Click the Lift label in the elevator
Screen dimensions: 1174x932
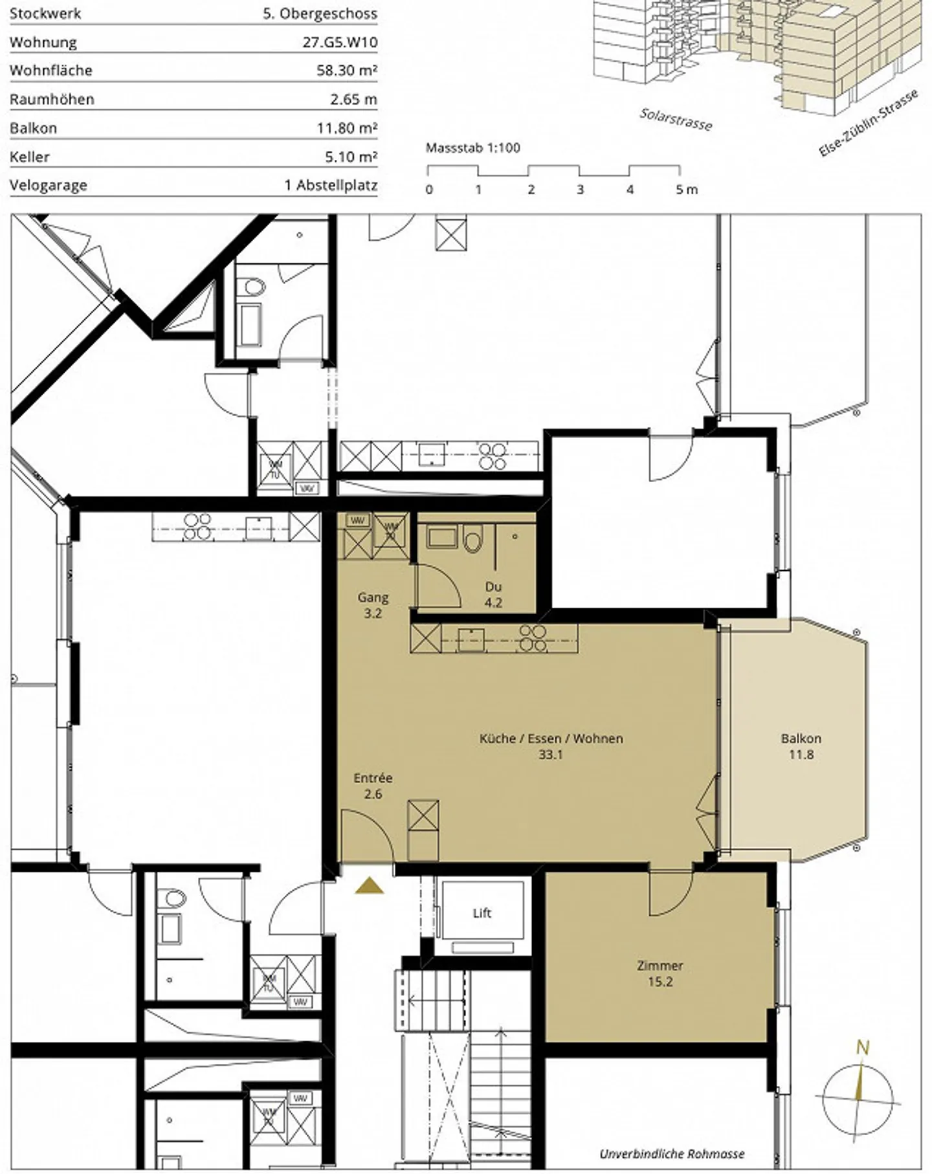pos(482,913)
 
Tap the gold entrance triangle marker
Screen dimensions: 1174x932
pos(369,886)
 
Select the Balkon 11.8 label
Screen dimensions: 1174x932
pos(801,746)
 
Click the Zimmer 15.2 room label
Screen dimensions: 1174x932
pos(660,973)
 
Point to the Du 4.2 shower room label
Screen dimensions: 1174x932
pos(493,595)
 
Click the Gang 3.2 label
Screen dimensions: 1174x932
pos(373,605)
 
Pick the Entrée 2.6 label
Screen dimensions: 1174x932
pos(373,786)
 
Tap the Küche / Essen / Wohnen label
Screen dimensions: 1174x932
pos(551,738)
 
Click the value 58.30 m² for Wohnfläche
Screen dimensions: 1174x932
pos(347,71)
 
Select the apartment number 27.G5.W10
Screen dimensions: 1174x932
pos(340,42)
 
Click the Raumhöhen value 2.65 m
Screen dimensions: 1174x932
pos(353,99)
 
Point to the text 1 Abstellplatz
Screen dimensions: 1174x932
pos(331,185)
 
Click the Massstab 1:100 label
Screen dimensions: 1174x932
pos(472,148)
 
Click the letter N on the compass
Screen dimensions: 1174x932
pos(862,1065)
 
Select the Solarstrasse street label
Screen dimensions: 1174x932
pos(676,119)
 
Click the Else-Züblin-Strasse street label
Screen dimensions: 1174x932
pos(868,124)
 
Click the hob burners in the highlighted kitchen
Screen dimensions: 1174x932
pos(533,638)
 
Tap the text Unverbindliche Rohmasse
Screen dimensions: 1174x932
pos(672,1154)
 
